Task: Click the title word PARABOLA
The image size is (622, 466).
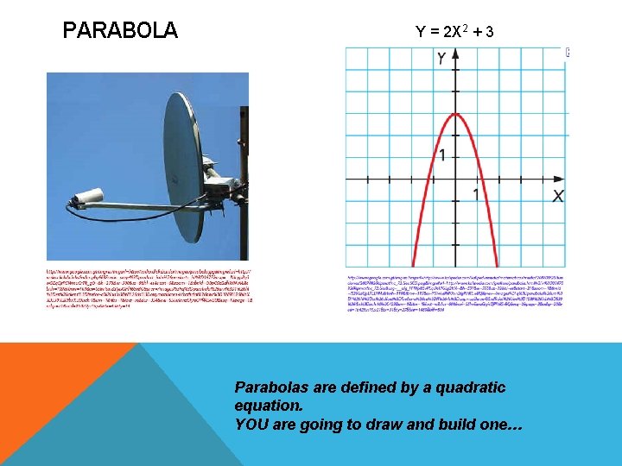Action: (120, 32)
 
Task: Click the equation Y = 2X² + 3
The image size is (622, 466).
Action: (454, 32)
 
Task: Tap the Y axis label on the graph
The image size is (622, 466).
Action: (441, 59)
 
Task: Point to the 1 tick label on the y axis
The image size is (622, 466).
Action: (442, 155)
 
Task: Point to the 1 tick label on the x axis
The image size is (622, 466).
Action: (476, 194)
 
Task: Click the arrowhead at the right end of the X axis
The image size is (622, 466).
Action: (562, 179)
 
